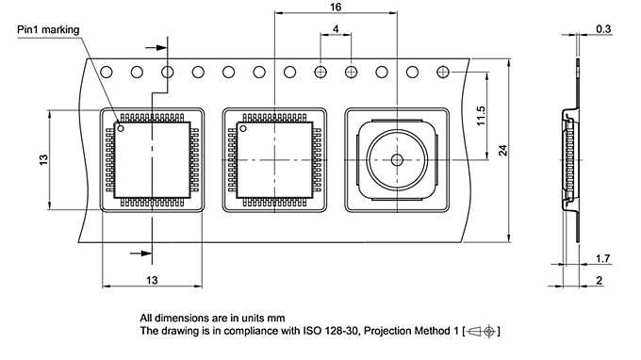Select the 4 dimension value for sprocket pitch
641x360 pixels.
337,30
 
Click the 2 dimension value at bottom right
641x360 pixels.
600,281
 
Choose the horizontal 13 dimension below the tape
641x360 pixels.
151,280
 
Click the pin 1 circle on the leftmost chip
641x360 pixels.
121,127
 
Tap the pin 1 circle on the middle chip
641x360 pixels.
242,127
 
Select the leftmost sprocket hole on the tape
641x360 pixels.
107,72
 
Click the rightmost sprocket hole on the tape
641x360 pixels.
443,72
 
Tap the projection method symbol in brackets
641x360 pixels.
482,332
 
